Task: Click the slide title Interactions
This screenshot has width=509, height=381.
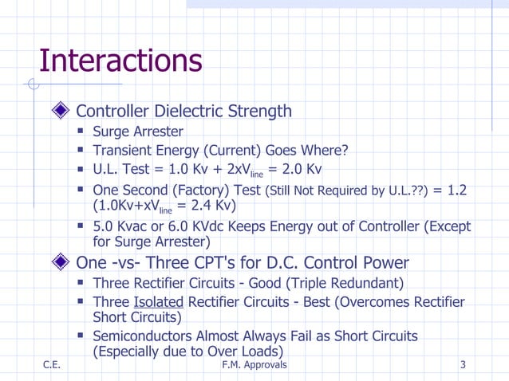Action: click(120, 61)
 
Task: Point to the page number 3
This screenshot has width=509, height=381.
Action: click(464, 365)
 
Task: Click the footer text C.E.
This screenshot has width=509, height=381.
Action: click(53, 365)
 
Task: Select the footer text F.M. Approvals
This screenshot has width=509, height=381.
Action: click(252, 365)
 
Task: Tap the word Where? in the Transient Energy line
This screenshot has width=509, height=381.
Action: click(326, 151)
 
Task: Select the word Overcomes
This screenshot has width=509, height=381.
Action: click(386, 302)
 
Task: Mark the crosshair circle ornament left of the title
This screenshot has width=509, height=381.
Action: click(32, 84)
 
